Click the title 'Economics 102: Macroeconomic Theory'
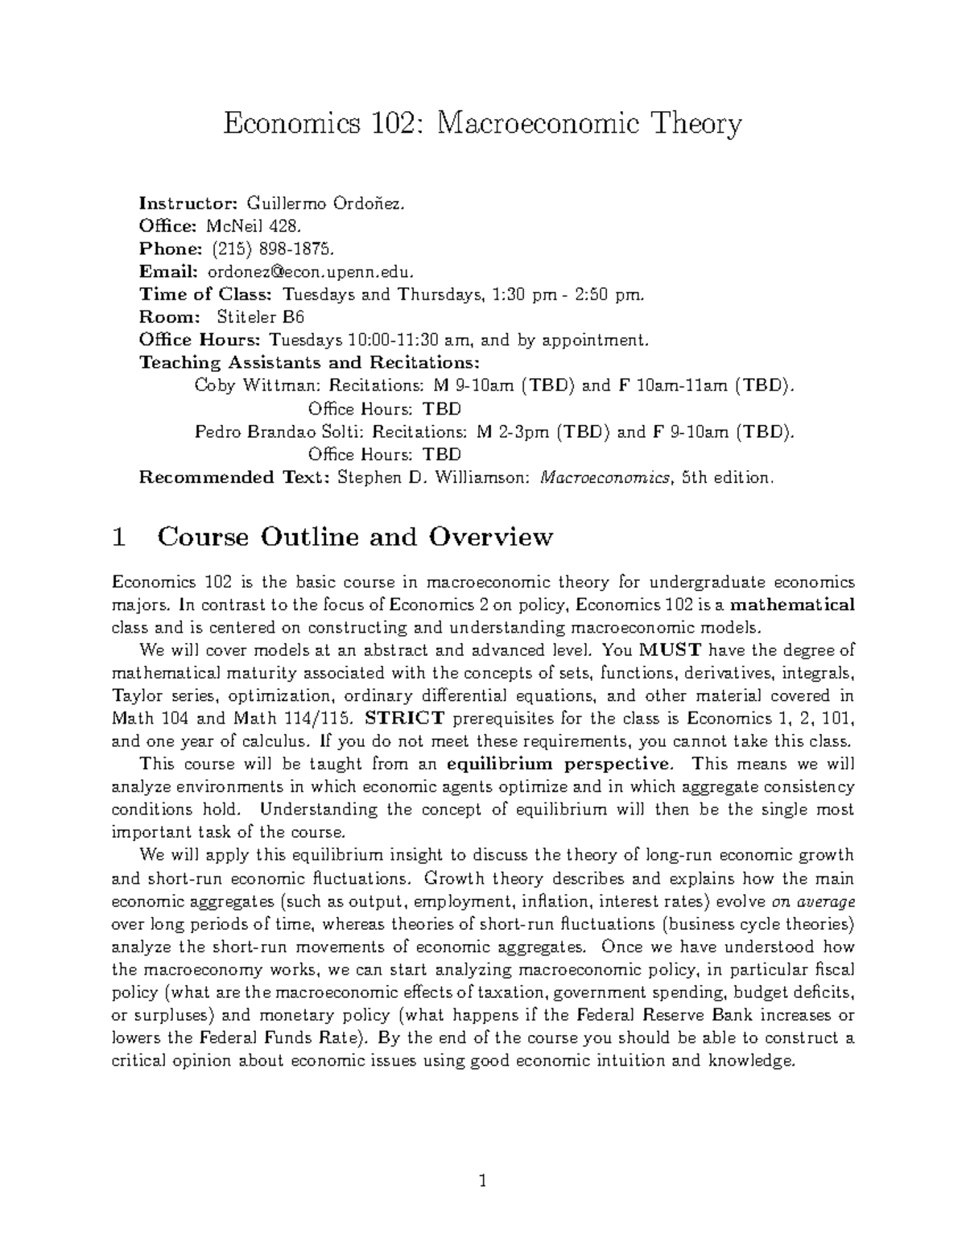click(x=482, y=125)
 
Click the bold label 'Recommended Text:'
click(x=235, y=477)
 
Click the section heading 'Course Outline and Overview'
click(x=355, y=537)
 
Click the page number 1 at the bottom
click(x=482, y=1182)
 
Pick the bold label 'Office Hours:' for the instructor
click(x=200, y=340)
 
